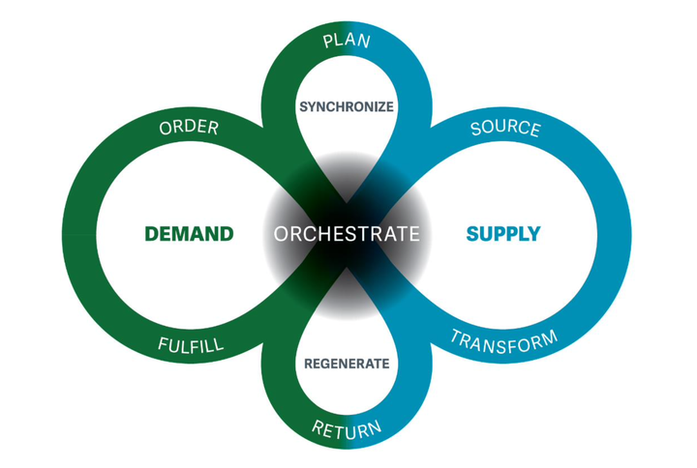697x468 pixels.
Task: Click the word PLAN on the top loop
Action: point(347,41)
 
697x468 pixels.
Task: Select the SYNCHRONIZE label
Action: point(347,107)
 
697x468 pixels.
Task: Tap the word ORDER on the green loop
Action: point(189,128)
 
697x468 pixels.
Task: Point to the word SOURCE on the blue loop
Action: point(505,128)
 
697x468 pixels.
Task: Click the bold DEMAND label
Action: point(190,234)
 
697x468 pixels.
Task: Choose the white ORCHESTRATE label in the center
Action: point(347,234)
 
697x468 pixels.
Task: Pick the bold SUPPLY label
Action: point(503,234)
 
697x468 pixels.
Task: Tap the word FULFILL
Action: point(191,345)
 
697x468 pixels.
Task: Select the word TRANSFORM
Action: point(504,342)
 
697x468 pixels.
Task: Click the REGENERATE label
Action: point(347,365)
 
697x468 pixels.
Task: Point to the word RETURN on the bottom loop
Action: point(347,430)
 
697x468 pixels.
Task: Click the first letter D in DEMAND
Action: point(153,234)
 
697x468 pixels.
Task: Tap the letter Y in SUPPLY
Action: point(533,234)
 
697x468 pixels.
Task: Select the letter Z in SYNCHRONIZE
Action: point(378,107)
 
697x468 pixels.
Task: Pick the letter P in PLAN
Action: point(328,43)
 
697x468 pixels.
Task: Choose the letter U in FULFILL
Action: point(174,345)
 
